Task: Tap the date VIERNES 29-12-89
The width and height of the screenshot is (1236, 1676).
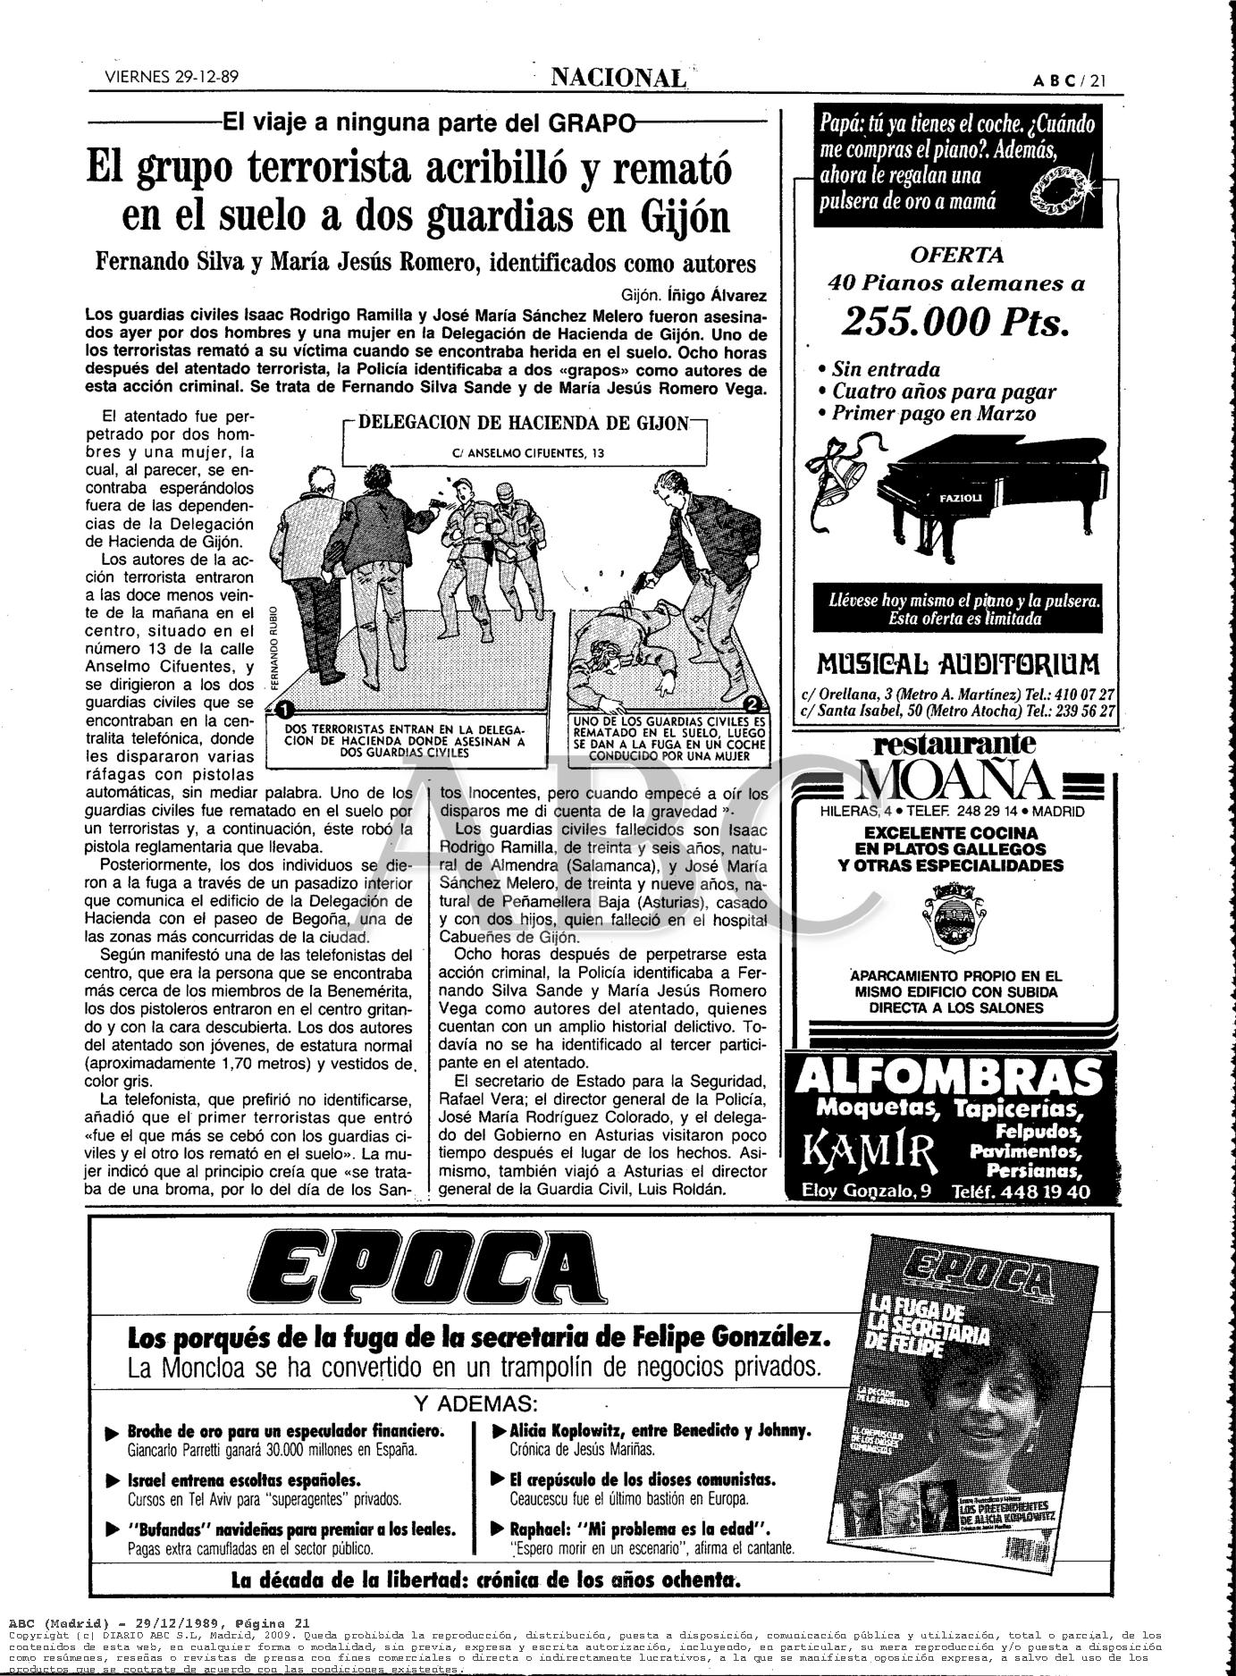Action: [172, 78]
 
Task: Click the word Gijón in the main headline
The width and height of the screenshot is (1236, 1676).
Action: [684, 216]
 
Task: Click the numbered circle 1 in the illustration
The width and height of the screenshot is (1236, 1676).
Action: [285, 711]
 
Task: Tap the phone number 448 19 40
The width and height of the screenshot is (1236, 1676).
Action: [1046, 1192]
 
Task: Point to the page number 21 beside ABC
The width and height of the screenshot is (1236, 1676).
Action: [1098, 80]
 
